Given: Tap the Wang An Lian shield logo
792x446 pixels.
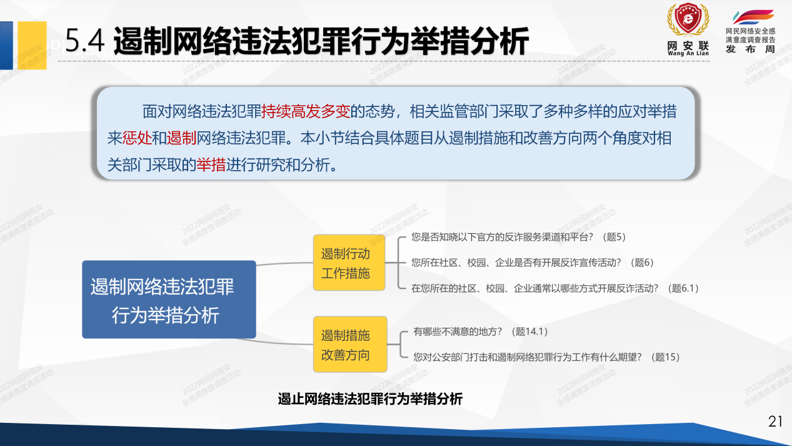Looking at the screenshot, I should click(x=688, y=22).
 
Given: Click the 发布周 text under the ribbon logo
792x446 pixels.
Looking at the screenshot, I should click(x=750, y=49).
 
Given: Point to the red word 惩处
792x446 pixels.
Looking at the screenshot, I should click(x=137, y=138).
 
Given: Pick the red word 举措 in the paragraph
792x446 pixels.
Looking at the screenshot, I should click(x=211, y=165).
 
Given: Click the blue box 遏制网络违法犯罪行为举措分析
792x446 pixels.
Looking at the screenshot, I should click(x=169, y=300).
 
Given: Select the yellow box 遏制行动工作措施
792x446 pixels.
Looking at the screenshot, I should click(x=349, y=263).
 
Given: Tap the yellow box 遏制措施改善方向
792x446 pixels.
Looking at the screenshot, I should click(x=349, y=345).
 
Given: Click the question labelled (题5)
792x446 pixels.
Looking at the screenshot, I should click(x=518, y=237).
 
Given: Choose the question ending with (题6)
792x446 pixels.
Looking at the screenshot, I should click(x=532, y=263).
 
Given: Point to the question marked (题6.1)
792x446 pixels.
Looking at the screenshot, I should click(x=554, y=288).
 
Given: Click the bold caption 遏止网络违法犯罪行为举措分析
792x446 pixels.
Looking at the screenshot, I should click(x=370, y=399).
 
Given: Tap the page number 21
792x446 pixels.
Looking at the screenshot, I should click(x=775, y=422).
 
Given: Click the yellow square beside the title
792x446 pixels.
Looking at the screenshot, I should click(x=31, y=45).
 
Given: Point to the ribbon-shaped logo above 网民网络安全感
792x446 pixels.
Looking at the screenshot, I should click(x=753, y=18).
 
